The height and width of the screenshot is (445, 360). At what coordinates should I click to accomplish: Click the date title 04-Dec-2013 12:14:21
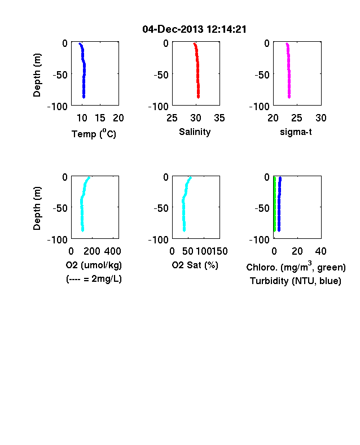click(x=194, y=29)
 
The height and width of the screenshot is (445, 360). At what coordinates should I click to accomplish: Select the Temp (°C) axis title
click(x=94, y=133)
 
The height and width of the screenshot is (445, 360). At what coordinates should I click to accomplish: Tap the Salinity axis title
click(x=195, y=132)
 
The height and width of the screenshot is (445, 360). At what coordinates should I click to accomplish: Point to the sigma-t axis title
click(x=296, y=132)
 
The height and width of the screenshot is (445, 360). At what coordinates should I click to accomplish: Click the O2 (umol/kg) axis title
click(x=94, y=265)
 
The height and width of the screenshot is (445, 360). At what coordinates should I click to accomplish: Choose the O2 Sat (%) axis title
click(x=195, y=265)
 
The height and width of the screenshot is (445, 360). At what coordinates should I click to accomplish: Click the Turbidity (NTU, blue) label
click(x=296, y=281)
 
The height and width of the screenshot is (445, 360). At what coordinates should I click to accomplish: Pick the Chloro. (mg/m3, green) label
click(x=296, y=267)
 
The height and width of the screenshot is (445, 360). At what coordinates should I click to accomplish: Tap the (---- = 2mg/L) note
click(x=94, y=279)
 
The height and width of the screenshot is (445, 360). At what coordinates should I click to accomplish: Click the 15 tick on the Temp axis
click(x=100, y=118)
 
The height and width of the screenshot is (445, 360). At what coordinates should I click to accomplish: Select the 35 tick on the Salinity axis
click(x=219, y=118)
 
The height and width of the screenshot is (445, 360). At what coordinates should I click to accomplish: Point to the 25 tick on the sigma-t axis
click(x=297, y=118)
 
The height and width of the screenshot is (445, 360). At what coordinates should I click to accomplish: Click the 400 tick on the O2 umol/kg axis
click(x=112, y=251)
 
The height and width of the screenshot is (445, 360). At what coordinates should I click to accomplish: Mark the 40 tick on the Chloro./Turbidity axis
click(x=321, y=251)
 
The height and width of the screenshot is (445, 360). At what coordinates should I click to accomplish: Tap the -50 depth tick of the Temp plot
click(x=60, y=75)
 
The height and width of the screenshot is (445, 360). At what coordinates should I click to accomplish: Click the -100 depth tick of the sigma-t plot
click(x=259, y=106)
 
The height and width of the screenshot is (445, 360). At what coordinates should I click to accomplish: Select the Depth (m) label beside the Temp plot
click(x=37, y=75)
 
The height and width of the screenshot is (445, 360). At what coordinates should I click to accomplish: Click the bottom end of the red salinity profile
click(x=199, y=98)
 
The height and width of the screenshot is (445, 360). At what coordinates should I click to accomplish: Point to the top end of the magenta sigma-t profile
click(x=287, y=43)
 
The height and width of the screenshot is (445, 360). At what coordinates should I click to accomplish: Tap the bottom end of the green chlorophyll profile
click(x=275, y=230)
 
